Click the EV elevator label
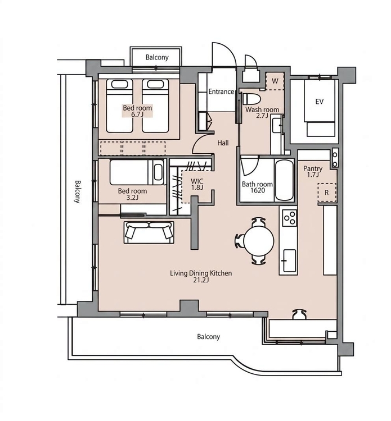pos(319,102)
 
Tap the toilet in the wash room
pos(251,99)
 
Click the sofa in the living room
pos(149,232)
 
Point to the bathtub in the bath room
pos(285,180)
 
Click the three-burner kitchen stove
pos(290,217)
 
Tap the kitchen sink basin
pos(289,260)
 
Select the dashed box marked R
pos(327,193)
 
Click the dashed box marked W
pos(275,81)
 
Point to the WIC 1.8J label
pos(197,184)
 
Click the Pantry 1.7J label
pos(313,172)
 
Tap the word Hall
pos(223,143)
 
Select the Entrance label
pos(221,91)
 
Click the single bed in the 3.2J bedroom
pos(137,172)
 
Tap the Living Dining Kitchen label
pos(201,277)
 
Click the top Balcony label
pos(157,57)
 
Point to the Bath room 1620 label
pos(257,187)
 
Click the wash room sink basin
pos(276,125)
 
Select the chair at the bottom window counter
pos(300,314)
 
